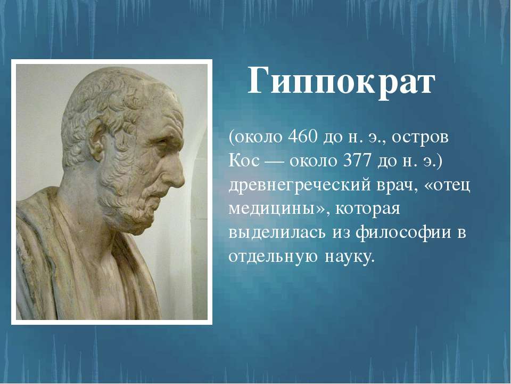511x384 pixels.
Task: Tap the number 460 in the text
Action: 303,138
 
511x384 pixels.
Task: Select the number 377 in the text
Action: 358,161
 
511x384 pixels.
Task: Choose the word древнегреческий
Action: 300,186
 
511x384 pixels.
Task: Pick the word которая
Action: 368,210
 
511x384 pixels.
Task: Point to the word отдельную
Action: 273,257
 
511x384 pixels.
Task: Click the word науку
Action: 348,257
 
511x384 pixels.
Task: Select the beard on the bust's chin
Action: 130,209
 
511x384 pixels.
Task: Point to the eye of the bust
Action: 160,141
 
